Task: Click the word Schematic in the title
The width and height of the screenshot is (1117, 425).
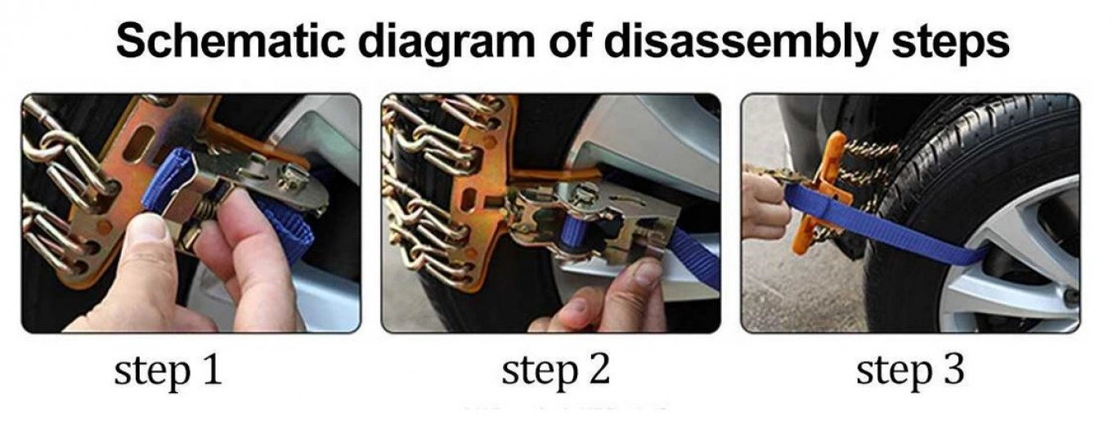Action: pos(230,42)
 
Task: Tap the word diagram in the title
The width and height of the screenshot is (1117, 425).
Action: pos(446,45)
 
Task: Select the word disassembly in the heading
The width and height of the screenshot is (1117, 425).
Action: pos(741,45)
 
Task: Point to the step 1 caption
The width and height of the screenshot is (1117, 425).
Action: pos(168,371)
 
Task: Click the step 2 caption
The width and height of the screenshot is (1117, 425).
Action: pos(555,371)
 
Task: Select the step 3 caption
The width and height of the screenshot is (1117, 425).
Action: pos(911,371)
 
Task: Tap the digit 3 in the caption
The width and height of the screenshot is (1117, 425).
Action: pos(953,369)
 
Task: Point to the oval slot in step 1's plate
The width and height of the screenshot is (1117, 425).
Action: pos(139,144)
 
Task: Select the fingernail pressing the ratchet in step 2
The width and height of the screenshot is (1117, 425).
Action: pos(647,273)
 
